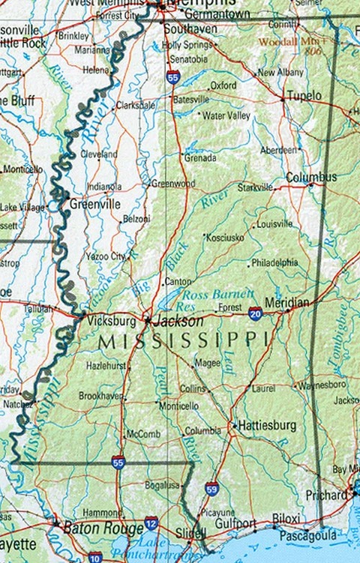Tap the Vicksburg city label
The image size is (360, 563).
pos(111,321)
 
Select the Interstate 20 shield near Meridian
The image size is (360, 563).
pos(255,311)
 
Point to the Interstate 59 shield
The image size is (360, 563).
pos(212,488)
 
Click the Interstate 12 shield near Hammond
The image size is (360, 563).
pos(151,523)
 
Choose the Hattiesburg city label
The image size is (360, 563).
pos(268,425)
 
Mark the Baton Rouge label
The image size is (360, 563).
pos(94,528)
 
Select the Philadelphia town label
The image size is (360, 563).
pos(274,263)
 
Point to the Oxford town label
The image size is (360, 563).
pos(223,85)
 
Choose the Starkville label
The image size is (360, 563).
pos(255,187)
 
